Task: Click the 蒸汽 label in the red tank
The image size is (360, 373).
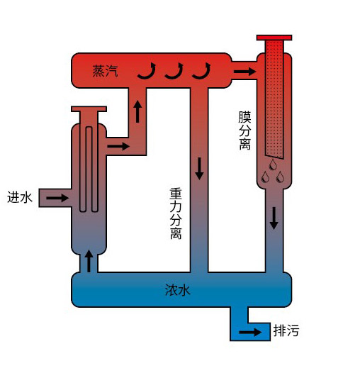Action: (105, 71)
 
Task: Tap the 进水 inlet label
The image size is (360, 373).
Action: (20, 197)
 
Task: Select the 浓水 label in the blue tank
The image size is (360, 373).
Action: (178, 290)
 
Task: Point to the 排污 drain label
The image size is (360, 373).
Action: (286, 330)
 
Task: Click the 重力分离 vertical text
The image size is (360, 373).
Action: (176, 213)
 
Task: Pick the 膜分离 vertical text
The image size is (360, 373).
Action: (245, 130)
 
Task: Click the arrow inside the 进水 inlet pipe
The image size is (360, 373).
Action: (57, 198)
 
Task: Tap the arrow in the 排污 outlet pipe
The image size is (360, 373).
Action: (250, 332)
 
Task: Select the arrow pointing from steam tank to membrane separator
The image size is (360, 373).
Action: (244, 71)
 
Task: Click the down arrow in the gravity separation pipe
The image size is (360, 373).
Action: (199, 169)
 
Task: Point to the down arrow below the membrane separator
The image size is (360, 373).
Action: (274, 218)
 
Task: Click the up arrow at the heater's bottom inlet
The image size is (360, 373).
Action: (89, 261)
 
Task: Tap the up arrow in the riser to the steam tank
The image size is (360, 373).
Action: (137, 111)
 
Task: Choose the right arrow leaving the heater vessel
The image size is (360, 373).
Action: (118, 146)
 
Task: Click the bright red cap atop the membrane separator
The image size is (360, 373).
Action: (274, 38)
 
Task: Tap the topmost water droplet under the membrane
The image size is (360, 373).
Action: (273, 165)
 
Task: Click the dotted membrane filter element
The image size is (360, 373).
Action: (274, 99)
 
